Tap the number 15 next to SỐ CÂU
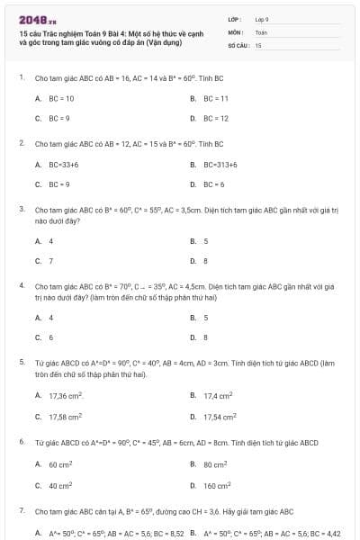[258, 44]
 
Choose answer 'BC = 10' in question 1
[61, 98]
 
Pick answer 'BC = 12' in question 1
[216, 118]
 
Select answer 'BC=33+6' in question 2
[64, 165]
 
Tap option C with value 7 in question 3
[50, 261]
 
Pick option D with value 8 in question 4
[206, 337]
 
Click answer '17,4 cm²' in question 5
[218, 395]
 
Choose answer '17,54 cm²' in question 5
[220, 417]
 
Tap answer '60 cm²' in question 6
[61, 464]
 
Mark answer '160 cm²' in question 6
[216, 485]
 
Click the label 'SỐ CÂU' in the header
[238, 44]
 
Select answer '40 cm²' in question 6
[61, 485]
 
